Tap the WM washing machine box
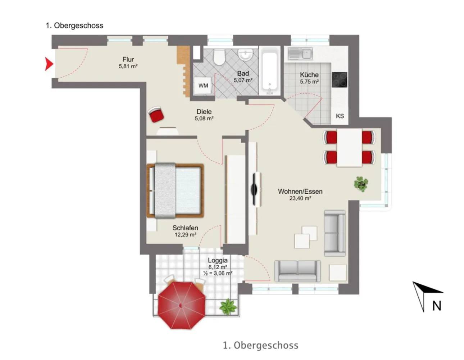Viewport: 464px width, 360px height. click(203, 85)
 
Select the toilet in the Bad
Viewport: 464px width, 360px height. click(219, 57)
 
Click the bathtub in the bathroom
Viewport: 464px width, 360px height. click(269, 71)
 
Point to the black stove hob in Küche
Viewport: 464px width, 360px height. click(339, 80)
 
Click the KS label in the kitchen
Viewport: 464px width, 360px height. click(340, 116)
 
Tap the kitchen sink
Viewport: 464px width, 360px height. click(300, 53)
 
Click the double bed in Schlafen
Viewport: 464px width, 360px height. click(175, 190)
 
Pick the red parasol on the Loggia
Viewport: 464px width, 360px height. click(182, 305)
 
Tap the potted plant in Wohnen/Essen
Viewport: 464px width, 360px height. click(361, 184)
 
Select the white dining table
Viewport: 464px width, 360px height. click(349, 147)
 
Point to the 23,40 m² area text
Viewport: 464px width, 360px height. click(300, 198)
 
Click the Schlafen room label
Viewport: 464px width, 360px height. click(185, 228)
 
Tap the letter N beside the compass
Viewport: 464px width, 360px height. click(437, 306)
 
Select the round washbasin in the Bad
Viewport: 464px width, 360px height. click(246, 55)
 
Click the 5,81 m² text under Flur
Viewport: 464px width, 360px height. click(128, 66)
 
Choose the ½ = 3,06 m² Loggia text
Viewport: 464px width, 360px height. click(218, 273)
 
